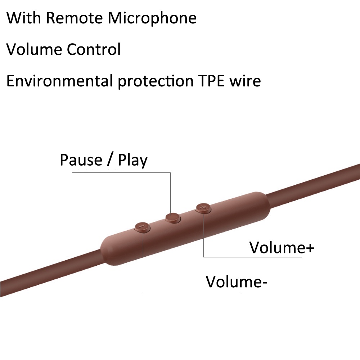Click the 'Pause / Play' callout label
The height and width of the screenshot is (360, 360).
pyautogui.click(x=104, y=160)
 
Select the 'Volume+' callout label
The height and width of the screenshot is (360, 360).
pyautogui.click(x=282, y=247)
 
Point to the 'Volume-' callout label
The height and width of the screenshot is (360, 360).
pyautogui.click(x=237, y=282)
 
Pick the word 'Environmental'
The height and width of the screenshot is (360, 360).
pyautogui.click(x=59, y=81)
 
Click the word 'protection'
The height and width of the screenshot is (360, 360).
pyautogui.click(x=156, y=81)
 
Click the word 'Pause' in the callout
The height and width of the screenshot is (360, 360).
pyautogui.click(x=81, y=160)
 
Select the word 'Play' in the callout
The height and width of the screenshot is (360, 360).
pyautogui.click(x=132, y=161)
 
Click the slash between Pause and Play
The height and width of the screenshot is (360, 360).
pyautogui.click(x=111, y=160)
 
